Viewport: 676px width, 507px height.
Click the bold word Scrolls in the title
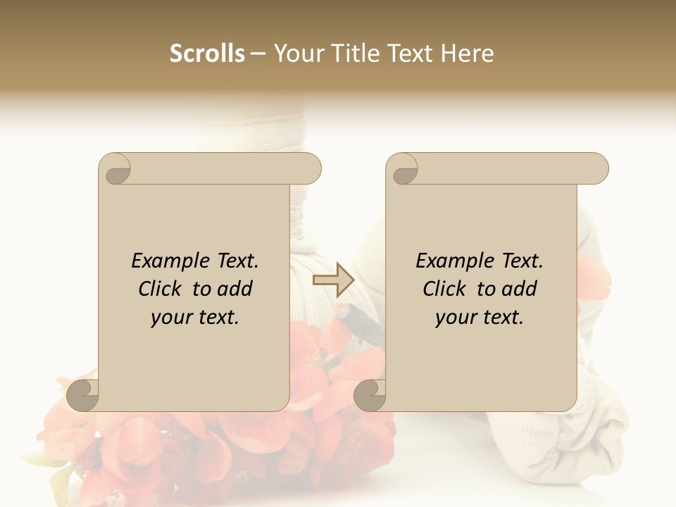(207, 54)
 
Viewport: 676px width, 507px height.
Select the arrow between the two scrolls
(333, 280)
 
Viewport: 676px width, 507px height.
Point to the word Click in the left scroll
(162, 289)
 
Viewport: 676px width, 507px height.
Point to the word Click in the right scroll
(446, 289)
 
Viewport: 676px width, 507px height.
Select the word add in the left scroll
(235, 289)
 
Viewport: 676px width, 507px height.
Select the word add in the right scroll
(520, 289)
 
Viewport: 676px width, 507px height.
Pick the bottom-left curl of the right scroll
(371, 394)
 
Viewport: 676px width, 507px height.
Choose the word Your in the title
(296, 54)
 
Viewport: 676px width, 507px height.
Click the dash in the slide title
(258, 54)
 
